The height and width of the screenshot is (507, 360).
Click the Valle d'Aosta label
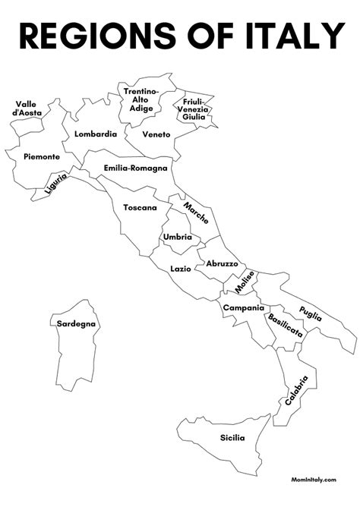coord(27,108)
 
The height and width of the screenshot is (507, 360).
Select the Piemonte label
coord(41,156)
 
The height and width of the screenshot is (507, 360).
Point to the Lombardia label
coord(96,134)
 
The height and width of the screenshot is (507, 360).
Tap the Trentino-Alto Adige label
coord(142,99)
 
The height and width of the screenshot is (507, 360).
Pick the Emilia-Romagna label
coord(135,168)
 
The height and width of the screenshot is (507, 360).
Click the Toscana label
coord(140,207)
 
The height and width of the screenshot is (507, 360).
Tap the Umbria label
coord(177,237)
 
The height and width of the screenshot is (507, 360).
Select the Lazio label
coord(181,269)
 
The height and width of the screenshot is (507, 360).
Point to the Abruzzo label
coord(222,263)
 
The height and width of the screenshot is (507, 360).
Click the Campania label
coord(243,307)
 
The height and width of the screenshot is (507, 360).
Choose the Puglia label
coord(310,313)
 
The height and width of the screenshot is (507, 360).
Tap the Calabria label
coord(296,389)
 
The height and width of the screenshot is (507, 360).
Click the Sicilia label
coord(232,437)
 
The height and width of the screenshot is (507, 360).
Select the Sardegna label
coord(77,324)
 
